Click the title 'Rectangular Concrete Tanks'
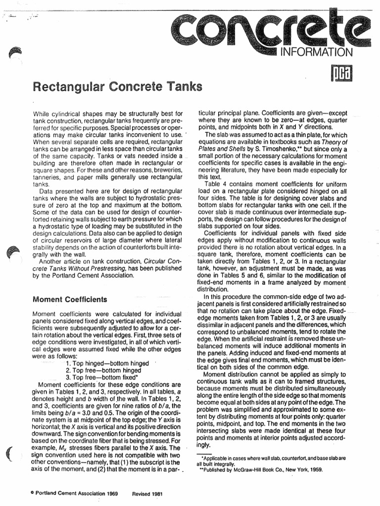point(117,87)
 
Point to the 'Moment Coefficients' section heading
point(69,299)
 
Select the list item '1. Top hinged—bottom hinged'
point(107,364)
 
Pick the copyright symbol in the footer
point(32,494)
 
